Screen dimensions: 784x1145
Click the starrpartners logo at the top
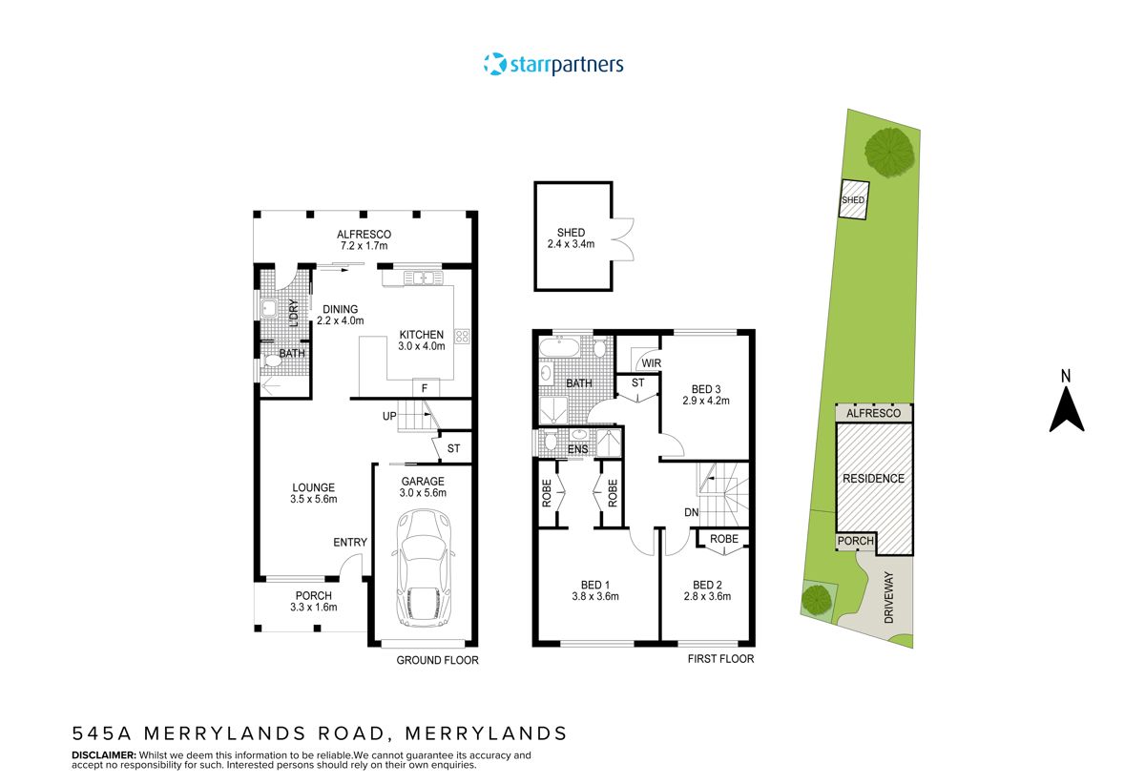553,65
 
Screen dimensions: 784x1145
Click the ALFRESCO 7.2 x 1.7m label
364,240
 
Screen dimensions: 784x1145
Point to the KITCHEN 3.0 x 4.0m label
421,340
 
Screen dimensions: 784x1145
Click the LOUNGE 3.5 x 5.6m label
313,493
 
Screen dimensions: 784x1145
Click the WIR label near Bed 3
652,363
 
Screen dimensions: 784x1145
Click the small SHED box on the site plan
853,200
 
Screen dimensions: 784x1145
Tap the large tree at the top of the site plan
890,150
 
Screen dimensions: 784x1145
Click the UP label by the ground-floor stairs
389,415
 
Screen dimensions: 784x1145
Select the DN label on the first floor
693,512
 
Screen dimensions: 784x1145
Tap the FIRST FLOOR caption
720,659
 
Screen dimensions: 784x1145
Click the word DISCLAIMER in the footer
103,755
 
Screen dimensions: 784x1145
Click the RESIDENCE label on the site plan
873,478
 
